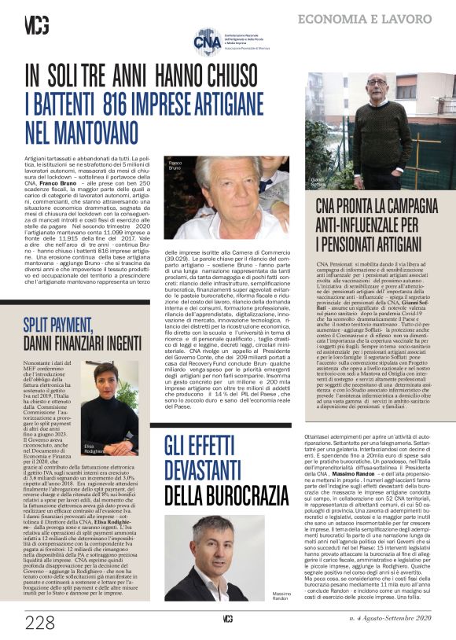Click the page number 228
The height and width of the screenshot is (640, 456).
point(39,623)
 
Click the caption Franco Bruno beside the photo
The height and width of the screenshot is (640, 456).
point(176,165)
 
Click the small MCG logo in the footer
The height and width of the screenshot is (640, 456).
point(228,619)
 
